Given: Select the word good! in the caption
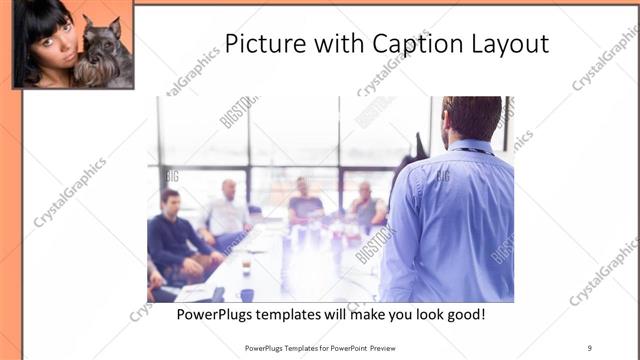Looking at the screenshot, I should [463, 314].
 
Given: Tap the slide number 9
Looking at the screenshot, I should [589, 349].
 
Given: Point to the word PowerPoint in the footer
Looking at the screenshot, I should [341, 349].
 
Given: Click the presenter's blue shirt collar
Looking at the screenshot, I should [468, 148].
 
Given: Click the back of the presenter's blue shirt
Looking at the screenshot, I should [448, 225].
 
